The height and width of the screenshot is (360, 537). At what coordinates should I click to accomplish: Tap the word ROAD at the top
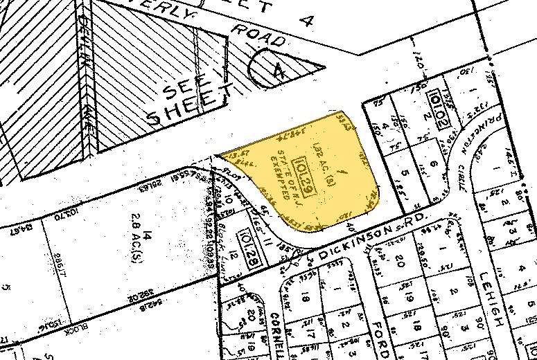coord(258,36)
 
